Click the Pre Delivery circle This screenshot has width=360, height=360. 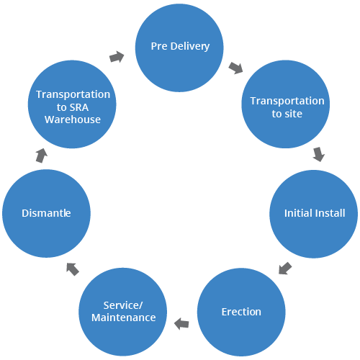click(x=179, y=48)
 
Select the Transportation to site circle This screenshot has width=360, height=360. click(x=286, y=104)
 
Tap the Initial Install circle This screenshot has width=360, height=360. click(x=314, y=214)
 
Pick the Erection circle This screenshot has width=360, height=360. click(x=241, y=312)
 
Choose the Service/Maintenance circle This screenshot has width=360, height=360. click(x=123, y=312)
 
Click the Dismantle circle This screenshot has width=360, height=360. click(x=46, y=214)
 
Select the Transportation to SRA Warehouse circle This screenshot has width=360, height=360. click(x=72, y=104)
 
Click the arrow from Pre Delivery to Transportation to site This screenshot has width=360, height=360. click(x=235, y=68)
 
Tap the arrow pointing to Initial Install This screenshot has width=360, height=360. click(x=319, y=154)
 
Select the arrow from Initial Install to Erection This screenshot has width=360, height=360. click(x=285, y=268)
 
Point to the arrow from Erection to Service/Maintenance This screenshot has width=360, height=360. click(x=181, y=324)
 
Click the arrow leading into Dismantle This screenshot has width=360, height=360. click(x=73, y=269)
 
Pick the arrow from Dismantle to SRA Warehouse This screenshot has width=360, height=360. click(x=42, y=156)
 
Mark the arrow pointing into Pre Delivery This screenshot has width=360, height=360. click(x=117, y=57)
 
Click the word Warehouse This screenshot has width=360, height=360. click(x=73, y=120)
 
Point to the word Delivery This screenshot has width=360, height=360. click(x=190, y=47)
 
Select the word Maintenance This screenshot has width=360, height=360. click(x=124, y=318)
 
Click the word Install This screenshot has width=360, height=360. click(x=330, y=213)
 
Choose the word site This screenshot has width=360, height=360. click(x=292, y=114)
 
